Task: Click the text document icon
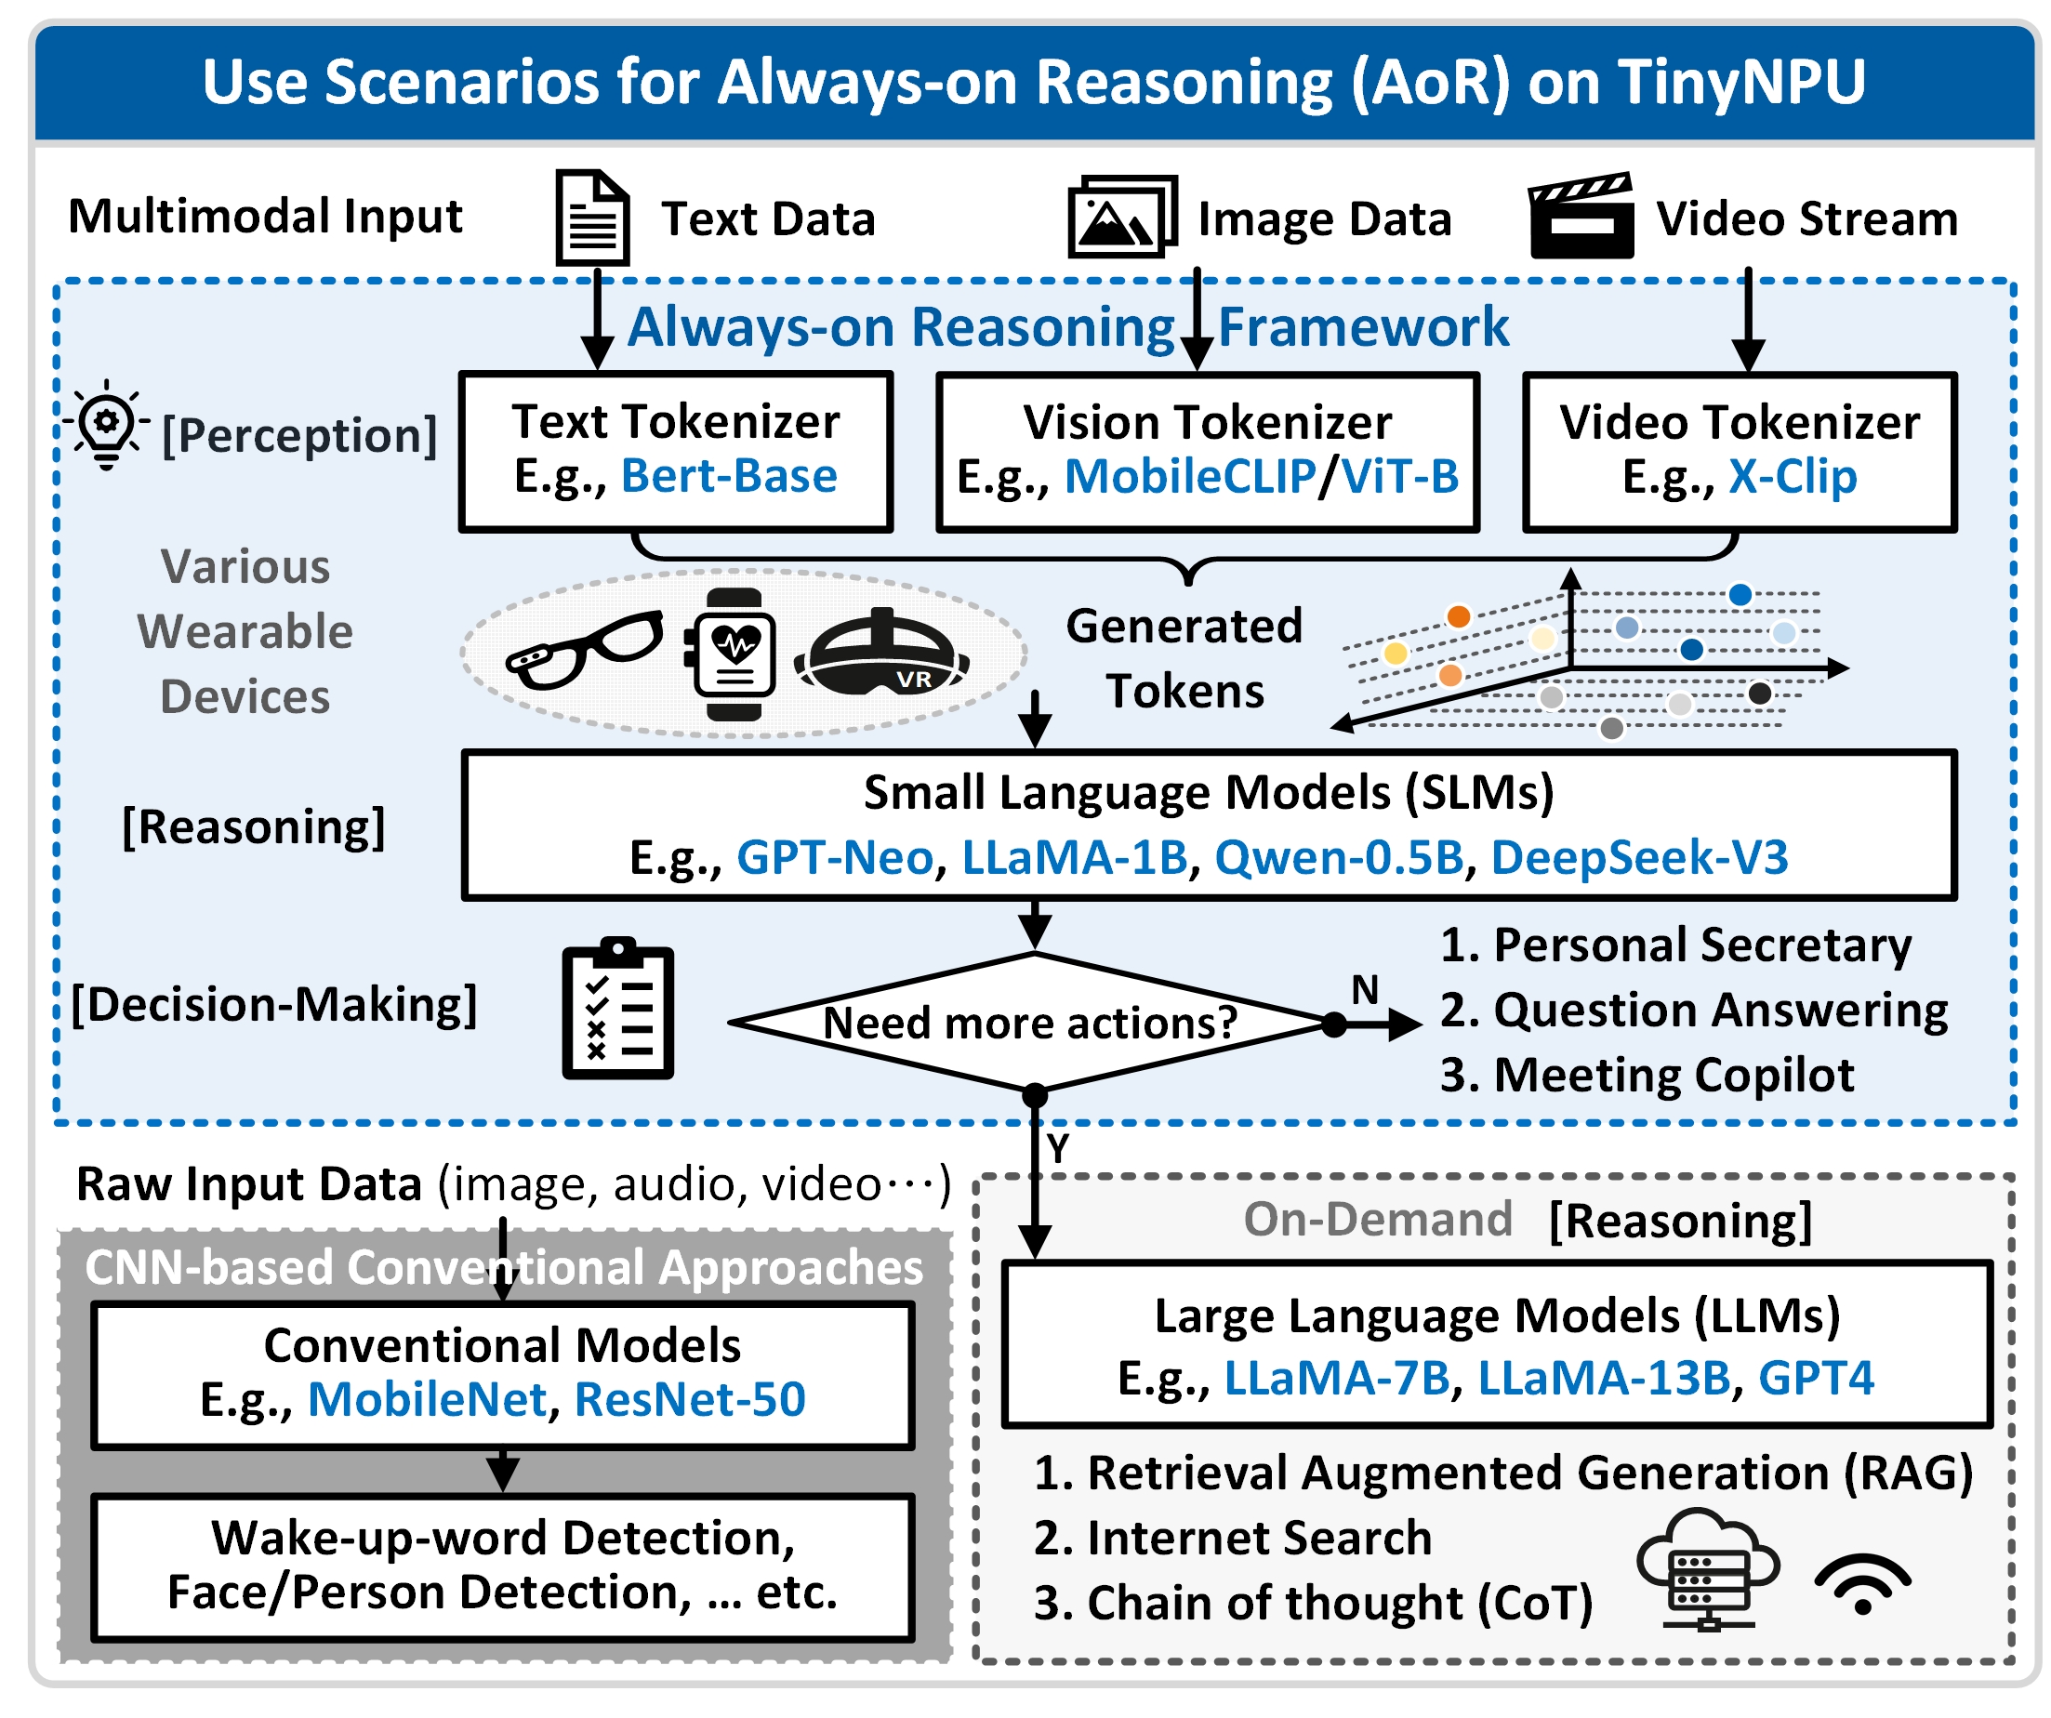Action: (592, 217)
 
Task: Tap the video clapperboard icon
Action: (1581, 217)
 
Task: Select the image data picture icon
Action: (1122, 217)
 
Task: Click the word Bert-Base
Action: (729, 477)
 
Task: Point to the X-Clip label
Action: (1793, 477)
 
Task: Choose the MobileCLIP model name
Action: (1189, 477)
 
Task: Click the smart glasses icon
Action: (584, 650)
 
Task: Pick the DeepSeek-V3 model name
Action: (1639, 857)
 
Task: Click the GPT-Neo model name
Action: (834, 857)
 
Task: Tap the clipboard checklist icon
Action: (617, 1011)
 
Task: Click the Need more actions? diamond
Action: (1030, 1023)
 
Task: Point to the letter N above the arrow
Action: (1365, 990)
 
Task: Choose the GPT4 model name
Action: (1816, 1378)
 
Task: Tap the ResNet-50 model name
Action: (690, 1400)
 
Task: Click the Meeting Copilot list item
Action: (1647, 1076)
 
